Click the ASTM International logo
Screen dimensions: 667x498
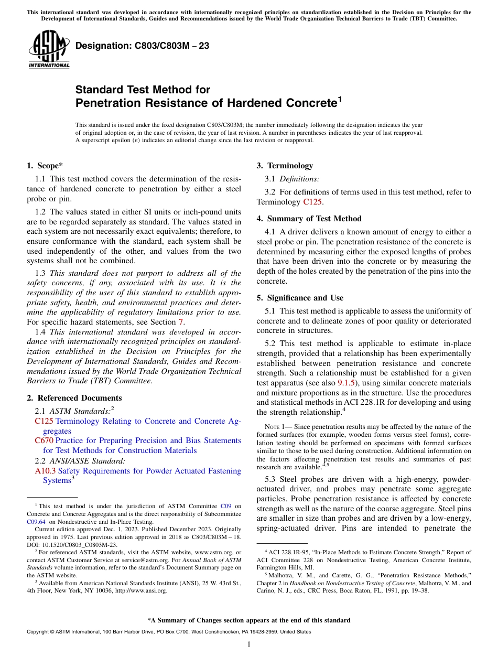pos(49,49)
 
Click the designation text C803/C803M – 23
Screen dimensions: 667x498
pos(142,46)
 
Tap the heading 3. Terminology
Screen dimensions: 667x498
pos(285,166)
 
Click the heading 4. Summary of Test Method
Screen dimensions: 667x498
pos(309,219)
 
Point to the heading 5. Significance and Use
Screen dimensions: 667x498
pos(300,298)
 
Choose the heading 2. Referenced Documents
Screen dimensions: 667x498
pos(74,398)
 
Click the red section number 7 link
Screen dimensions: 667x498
pos(181,322)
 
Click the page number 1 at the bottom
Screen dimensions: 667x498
pos(249,644)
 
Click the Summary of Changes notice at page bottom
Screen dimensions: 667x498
pos(249,620)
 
